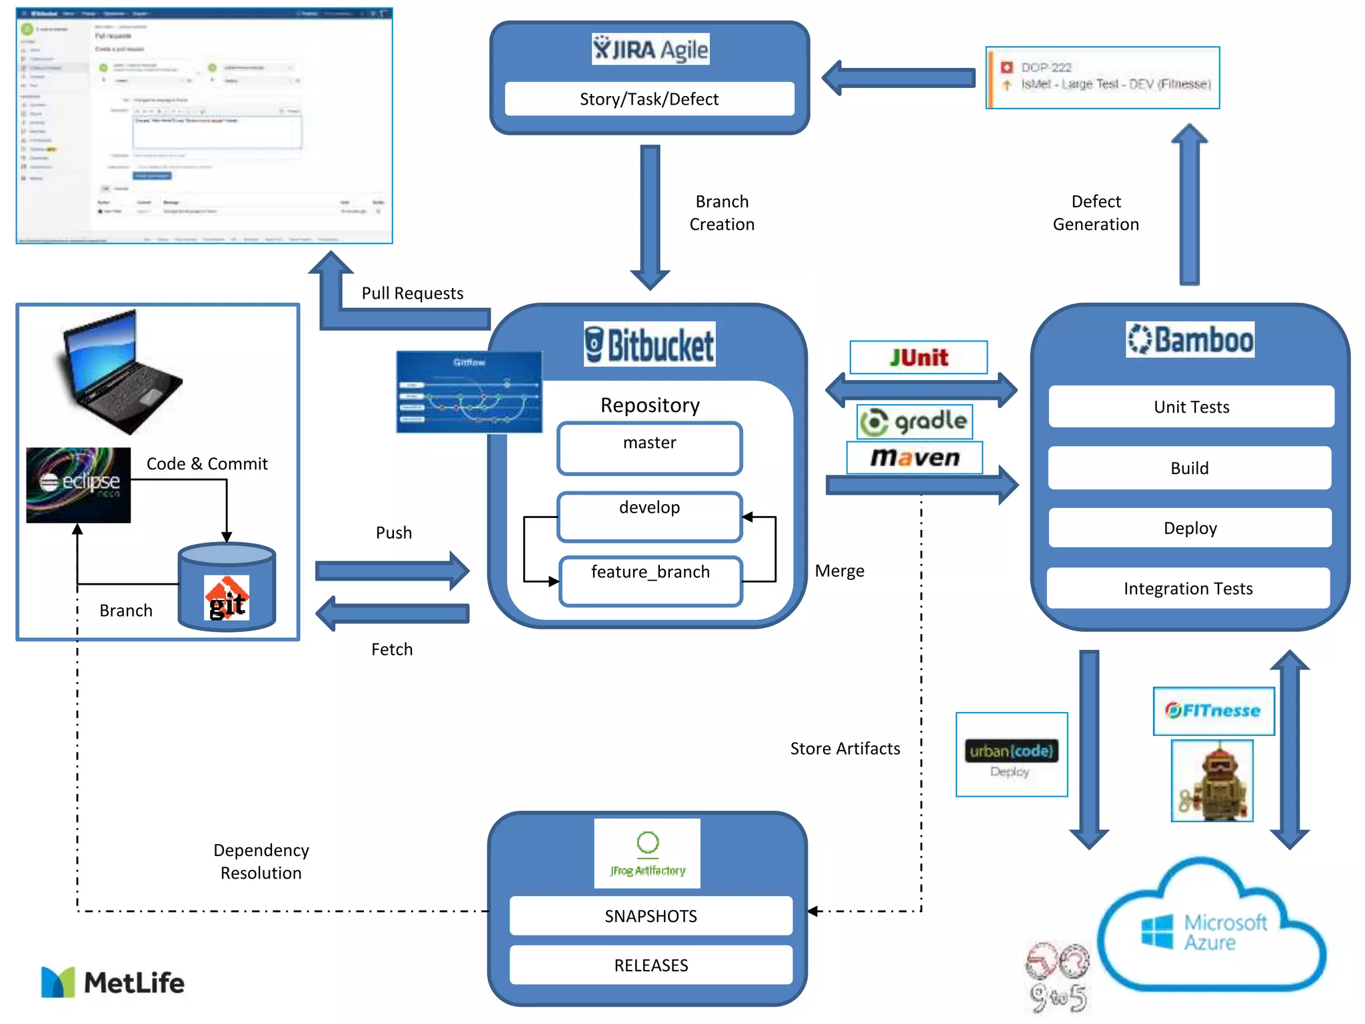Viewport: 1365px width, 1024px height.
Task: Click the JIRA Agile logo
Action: pos(650,49)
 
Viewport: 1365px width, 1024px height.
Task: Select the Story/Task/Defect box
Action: pos(649,99)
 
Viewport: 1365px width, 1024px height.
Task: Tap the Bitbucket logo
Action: pos(649,345)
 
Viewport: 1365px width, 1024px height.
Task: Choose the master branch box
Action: pos(649,448)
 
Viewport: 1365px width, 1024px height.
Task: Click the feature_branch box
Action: pos(650,581)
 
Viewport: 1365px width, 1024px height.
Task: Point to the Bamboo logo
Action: pos(1190,339)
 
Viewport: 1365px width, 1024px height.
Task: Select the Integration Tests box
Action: pos(1188,588)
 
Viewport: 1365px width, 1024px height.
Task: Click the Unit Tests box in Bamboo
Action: pos(1191,407)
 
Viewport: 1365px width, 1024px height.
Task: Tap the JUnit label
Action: pos(918,358)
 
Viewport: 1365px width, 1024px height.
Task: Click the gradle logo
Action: pos(914,421)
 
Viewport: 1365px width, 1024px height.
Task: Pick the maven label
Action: pos(914,457)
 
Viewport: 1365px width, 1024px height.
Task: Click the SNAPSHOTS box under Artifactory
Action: pos(651,916)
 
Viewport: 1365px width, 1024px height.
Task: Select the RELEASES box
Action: pos(651,965)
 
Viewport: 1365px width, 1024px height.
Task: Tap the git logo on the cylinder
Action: pos(227,598)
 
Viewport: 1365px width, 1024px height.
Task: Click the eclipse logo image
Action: pos(79,485)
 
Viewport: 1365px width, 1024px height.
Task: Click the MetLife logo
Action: pos(113,982)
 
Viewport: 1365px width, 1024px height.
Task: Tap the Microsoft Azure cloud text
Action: pos(1224,932)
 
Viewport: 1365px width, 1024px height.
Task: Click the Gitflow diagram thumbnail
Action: pos(469,392)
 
